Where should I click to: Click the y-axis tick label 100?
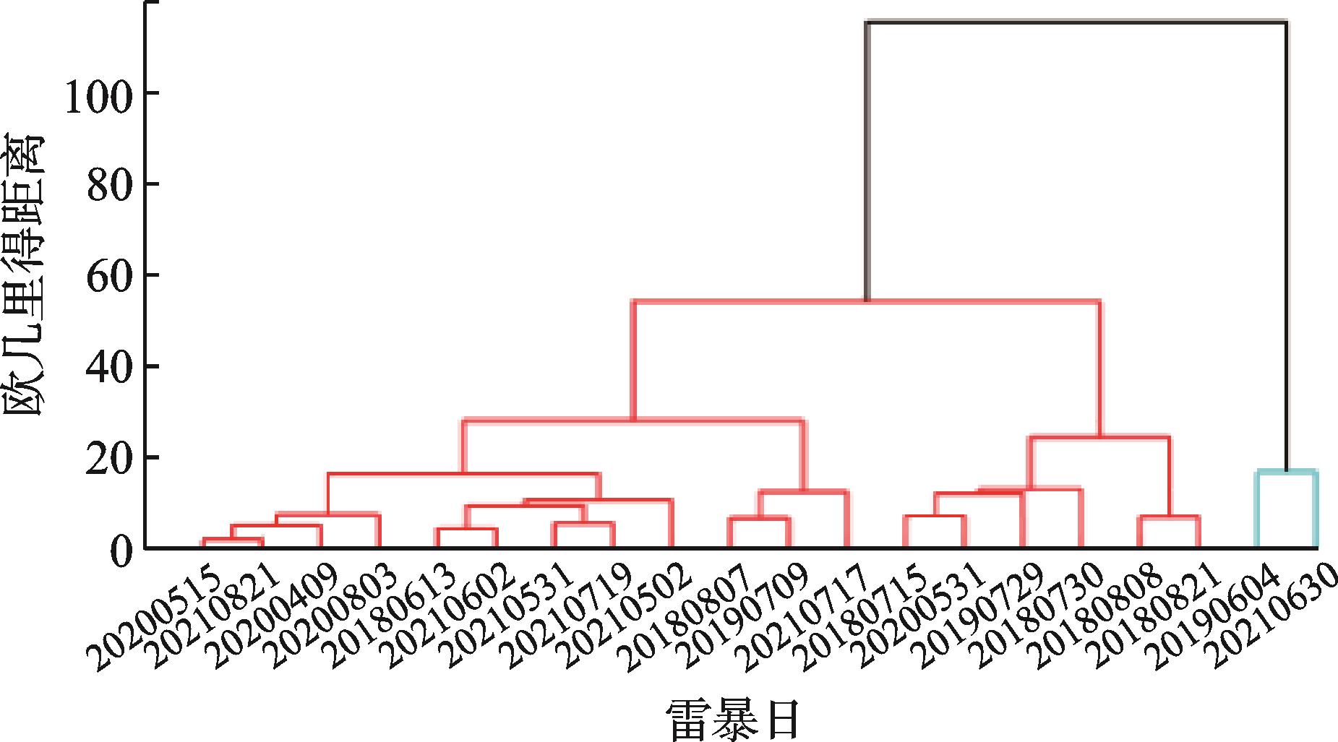[99, 94]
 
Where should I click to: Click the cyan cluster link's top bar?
[1285, 472]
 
